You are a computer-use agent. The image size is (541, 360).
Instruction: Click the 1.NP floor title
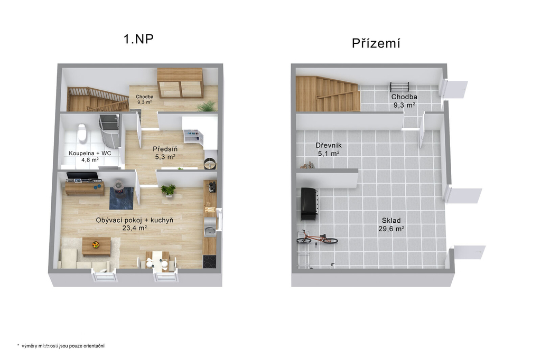point(138,39)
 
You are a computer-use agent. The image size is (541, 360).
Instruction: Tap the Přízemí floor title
point(376,43)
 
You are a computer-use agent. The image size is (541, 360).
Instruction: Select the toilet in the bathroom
point(82,133)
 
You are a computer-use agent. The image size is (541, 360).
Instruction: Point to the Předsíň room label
point(165,149)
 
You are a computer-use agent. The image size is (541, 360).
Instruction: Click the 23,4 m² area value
point(135,228)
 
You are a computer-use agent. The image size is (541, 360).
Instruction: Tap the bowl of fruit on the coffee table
point(96,245)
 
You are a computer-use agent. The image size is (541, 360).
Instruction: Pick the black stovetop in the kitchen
point(209,261)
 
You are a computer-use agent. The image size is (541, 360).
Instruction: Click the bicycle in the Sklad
point(317,238)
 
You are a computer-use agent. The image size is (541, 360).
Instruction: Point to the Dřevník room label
point(329,145)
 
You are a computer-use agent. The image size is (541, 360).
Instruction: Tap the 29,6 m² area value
point(391,228)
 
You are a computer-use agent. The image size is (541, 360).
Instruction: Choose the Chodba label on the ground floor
point(404,97)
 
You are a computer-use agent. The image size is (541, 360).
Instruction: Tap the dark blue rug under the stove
point(121,198)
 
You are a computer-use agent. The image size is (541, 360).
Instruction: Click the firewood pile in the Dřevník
point(307,166)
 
